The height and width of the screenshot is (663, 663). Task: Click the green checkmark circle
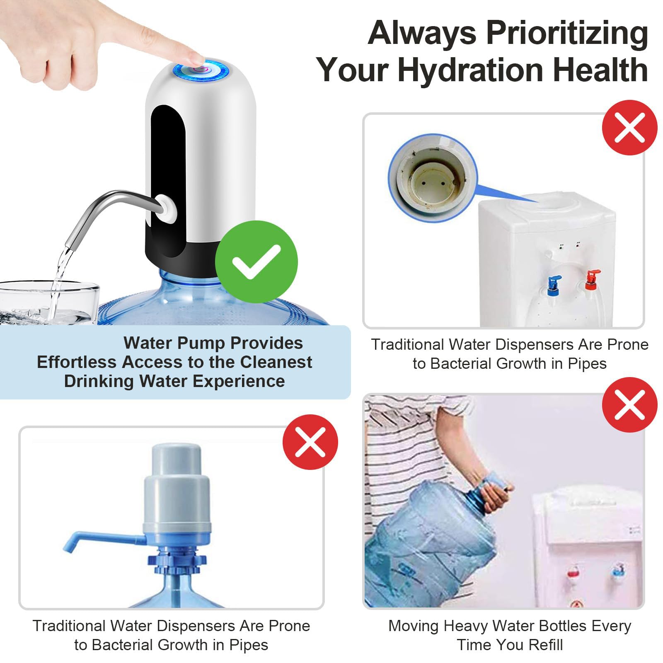pos(256,262)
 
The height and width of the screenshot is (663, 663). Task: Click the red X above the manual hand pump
pos(310,442)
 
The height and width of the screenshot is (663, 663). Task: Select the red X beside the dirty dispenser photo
pos(629,128)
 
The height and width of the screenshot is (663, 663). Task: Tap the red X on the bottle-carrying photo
pos(629,405)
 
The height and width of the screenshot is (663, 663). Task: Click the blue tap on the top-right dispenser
pos(553,285)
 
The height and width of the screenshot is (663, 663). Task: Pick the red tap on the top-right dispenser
pos(591,280)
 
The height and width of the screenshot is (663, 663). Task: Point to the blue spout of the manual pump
pos(104,539)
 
